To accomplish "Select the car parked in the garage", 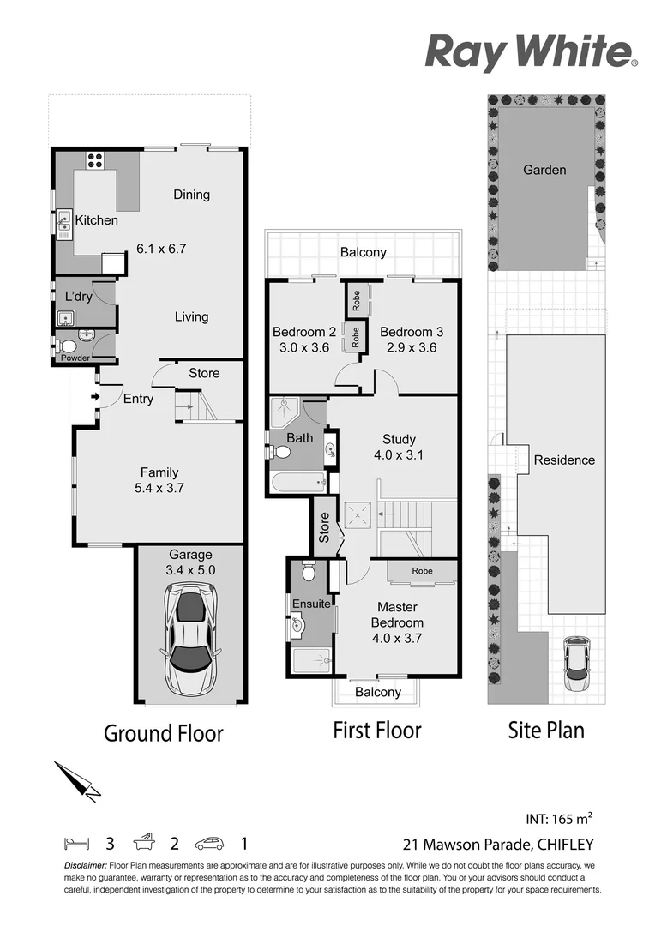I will [x=190, y=639].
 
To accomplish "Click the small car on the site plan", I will [x=577, y=664].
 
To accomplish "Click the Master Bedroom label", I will [x=396, y=615].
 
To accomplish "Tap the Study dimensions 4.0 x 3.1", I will [x=399, y=455].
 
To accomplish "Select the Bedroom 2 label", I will [x=304, y=332].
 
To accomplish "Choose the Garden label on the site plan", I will [x=544, y=170].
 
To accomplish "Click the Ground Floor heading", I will [x=164, y=733].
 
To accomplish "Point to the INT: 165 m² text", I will [x=560, y=818].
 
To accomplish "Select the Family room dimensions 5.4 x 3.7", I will [x=159, y=488].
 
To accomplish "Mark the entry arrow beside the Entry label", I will [x=94, y=396].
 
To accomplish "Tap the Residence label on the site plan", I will [x=564, y=460].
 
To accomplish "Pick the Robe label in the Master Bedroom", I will [x=422, y=571].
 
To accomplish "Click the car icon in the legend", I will [x=209, y=844].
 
